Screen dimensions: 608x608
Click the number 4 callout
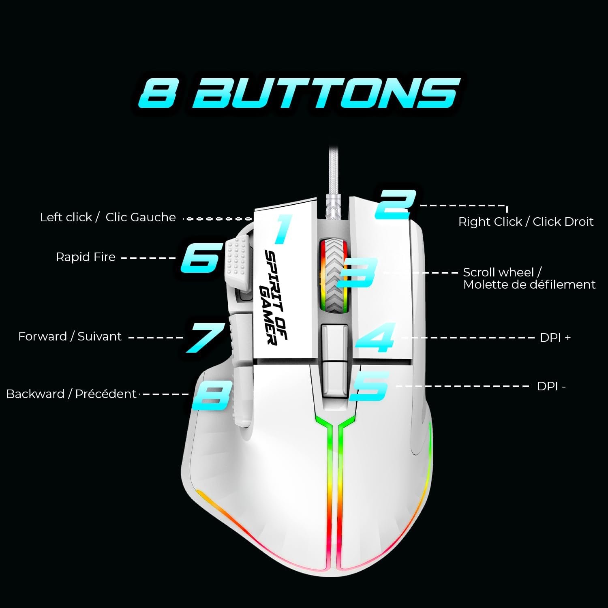coord(375,337)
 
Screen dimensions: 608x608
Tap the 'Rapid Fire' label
coord(86,257)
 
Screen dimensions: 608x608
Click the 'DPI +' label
coord(555,338)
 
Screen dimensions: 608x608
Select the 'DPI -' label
coord(551,386)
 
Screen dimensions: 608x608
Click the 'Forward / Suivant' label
coord(70,336)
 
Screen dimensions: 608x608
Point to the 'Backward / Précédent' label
coord(71,394)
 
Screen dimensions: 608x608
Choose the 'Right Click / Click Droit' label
coord(526,222)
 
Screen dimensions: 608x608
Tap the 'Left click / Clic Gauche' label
coord(108,217)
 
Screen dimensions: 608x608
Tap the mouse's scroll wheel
coord(333,276)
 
